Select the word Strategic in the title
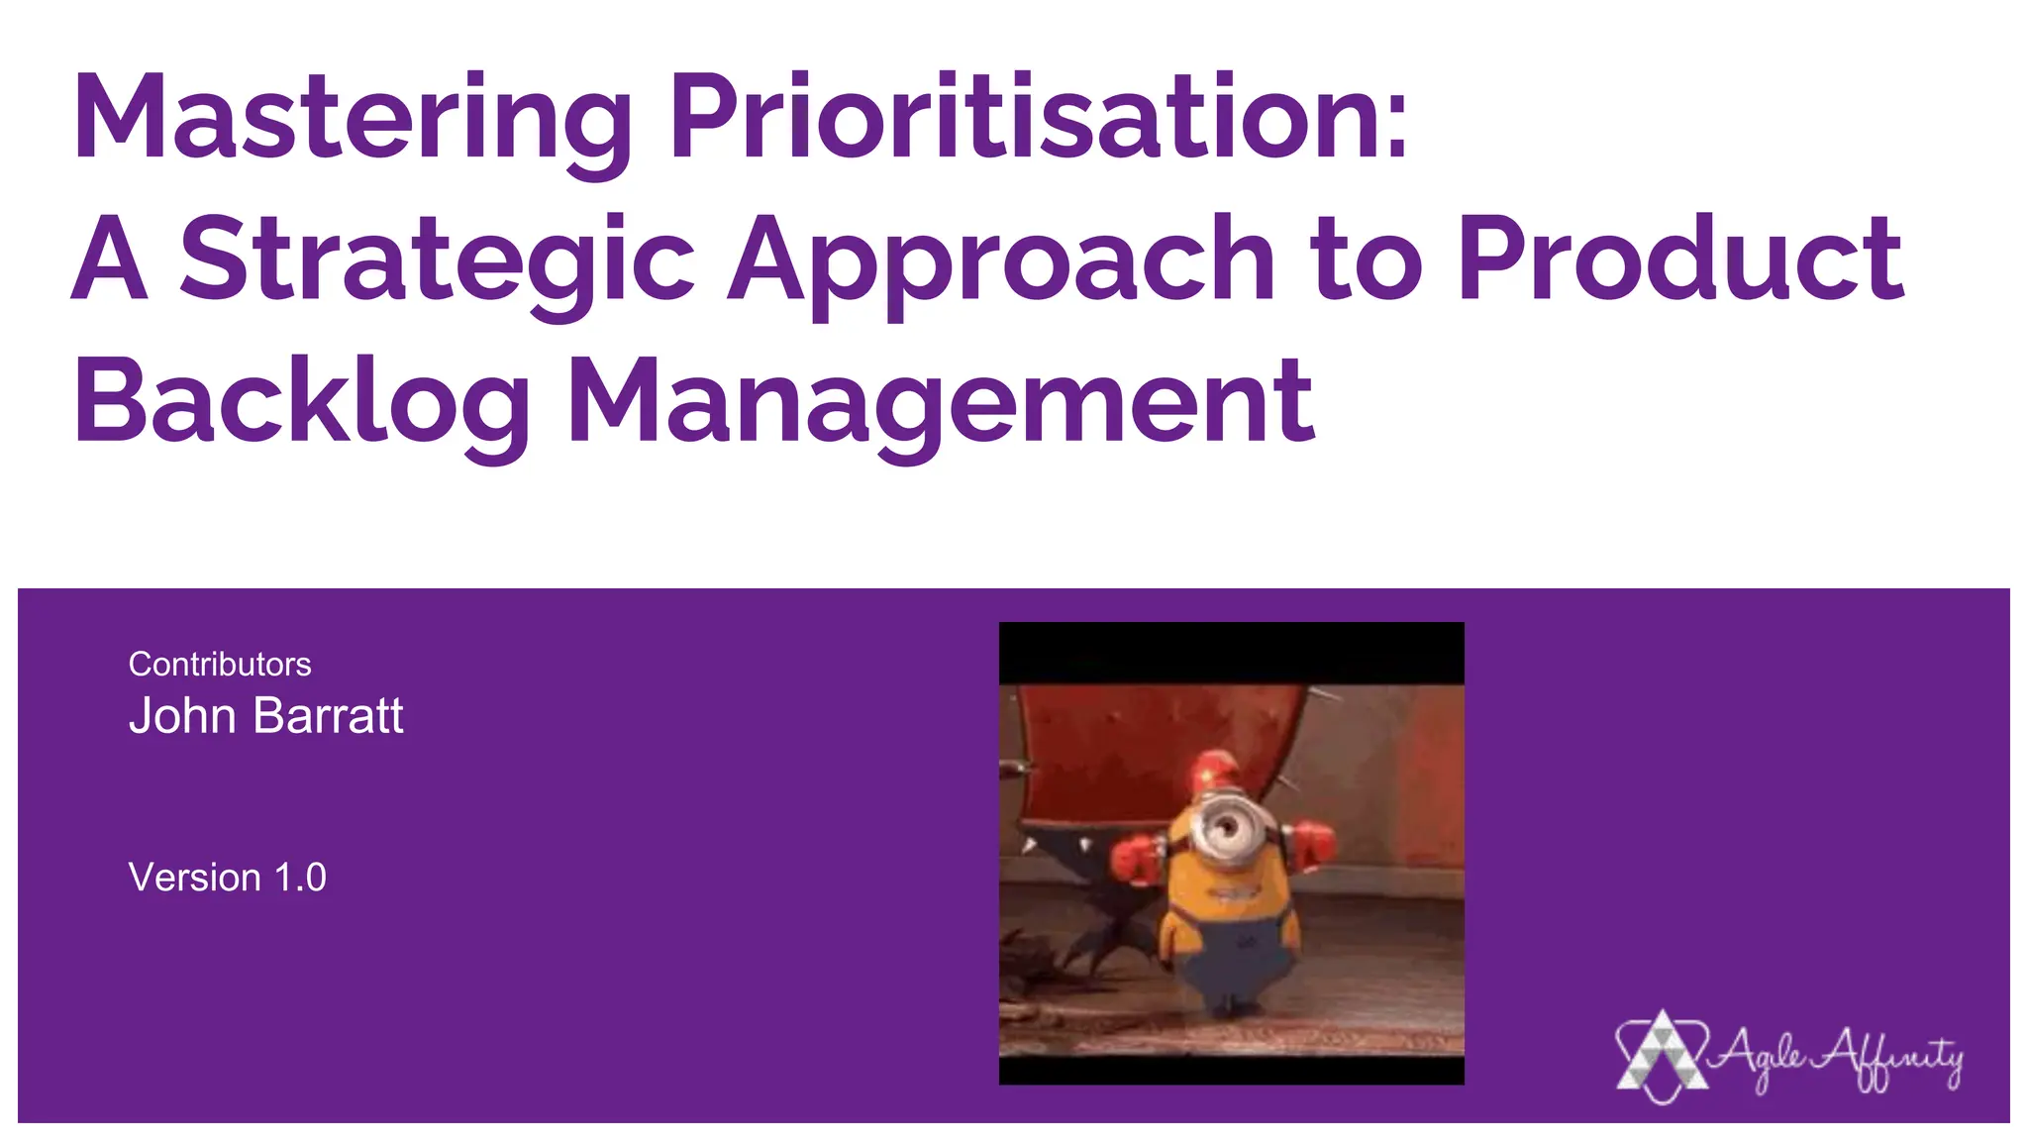coord(437,259)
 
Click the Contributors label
coord(220,664)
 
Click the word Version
coord(194,878)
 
